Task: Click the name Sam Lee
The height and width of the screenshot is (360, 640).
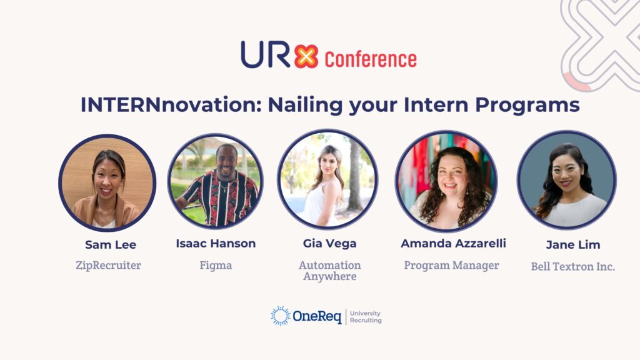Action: pyautogui.click(x=111, y=244)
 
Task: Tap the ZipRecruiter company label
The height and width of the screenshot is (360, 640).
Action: pyautogui.click(x=108, y=265)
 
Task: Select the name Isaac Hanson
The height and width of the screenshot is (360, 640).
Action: pyautogui.click(x=216, y=244)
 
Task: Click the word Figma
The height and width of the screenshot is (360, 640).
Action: pyautogui.click(x=216, y=265)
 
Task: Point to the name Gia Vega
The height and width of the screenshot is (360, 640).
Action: pyautogui.click(x=329, y=244)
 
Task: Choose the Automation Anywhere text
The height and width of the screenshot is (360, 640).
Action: pyautogui.click(x=329, y=271)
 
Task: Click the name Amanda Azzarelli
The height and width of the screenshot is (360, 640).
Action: pyautogui.click(x=453, y=244)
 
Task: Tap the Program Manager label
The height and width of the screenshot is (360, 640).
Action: pyautogui.click(x=451, y=265)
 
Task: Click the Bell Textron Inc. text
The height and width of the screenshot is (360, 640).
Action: pyautogui.click(x=572, y=266)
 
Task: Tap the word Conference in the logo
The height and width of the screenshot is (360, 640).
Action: pyautogui.click(x=371, y=59)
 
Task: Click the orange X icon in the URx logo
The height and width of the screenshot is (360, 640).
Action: pyautogui.click(x=306, y=56)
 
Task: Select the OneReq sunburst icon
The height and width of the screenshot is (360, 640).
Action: pyautogui.click(x=281, y=316)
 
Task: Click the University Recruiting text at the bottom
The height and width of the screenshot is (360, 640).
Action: pyautogui.click(x=365, y=317)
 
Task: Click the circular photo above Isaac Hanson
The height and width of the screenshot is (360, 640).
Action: pyautogui.click(x=216, y=181)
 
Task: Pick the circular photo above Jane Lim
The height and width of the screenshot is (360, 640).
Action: pyautogui.click(x=566, y=180)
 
